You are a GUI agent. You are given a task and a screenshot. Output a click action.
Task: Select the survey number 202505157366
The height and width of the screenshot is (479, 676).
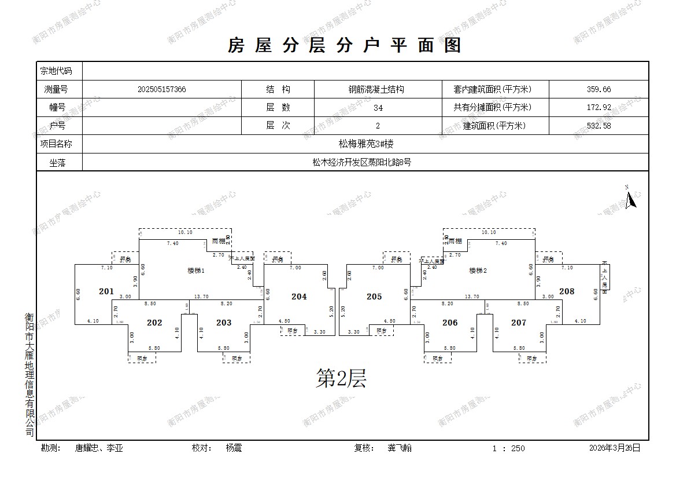tap(162, 90)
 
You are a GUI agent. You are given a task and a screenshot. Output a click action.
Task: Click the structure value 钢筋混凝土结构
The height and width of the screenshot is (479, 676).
tap(376, 90)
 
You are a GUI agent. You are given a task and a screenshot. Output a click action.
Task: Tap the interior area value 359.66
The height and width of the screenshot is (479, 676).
tap(599, 90)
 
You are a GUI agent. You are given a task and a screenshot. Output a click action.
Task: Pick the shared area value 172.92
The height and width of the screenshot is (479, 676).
tap(599, 108)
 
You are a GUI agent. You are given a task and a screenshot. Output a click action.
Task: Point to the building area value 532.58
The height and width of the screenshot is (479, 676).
tap(599, 126)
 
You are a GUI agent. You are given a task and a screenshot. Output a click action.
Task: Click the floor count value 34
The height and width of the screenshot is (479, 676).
tap(378, 108)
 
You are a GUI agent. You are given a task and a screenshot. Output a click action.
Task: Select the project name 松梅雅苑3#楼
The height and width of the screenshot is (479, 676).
tap(365, 144)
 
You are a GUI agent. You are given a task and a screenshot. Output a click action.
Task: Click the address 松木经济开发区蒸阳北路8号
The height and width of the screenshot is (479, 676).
tap(361, 163)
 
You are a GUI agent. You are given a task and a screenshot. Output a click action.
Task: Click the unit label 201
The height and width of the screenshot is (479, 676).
tap(106, 291)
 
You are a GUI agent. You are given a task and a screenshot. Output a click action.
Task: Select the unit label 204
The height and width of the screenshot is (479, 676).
tap(299, 297)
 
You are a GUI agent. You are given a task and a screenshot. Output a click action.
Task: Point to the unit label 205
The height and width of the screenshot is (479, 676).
tap(374, 297)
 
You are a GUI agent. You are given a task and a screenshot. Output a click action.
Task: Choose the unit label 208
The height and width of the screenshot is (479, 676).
tap(567, 291)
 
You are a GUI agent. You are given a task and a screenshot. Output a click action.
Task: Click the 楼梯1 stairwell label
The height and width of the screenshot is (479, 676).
tap(196, 270)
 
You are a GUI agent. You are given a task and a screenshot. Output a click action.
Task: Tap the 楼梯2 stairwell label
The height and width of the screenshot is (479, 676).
tap(478, 270)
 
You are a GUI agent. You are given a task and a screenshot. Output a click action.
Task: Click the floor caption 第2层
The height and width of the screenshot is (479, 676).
tap(341, 379)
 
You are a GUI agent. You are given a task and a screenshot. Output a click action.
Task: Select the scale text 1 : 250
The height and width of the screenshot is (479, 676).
tap(509, 448)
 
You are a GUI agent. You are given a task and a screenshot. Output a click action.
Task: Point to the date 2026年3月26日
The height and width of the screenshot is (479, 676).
tap(615, 448)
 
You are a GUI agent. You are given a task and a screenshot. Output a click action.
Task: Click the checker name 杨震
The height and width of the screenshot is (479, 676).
tap(234, 448)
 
